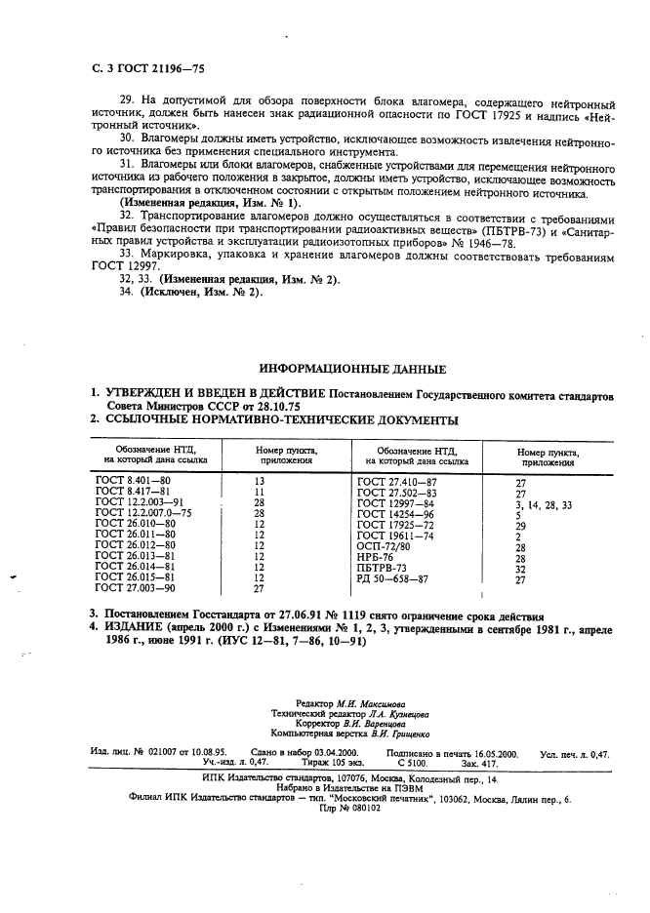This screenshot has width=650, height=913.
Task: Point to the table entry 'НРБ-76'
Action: coord(376,557)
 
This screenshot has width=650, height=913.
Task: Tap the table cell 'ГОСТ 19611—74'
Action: coord(395,536)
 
